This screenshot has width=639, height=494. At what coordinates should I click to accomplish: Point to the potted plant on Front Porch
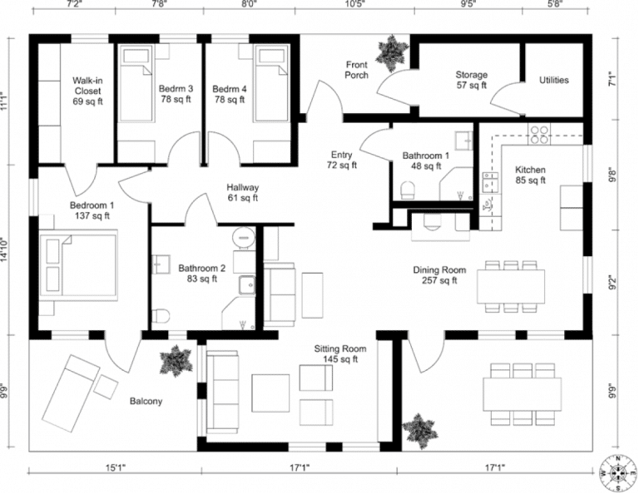(389, 52)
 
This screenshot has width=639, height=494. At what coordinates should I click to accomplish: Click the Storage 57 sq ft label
(471, 80)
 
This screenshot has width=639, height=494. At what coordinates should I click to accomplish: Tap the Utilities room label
(554, 81)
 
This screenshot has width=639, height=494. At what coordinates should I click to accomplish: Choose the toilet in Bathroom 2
(162, 315)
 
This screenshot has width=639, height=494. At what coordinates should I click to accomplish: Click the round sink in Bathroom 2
(243, 235)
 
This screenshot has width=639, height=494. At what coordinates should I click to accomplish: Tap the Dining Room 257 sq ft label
(439, 275)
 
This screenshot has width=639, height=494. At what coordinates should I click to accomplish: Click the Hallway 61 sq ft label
(243, 193)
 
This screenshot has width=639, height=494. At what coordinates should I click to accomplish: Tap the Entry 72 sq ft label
(341, 160)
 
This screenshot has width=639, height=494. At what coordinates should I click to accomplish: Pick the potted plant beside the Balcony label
(176, 360)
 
